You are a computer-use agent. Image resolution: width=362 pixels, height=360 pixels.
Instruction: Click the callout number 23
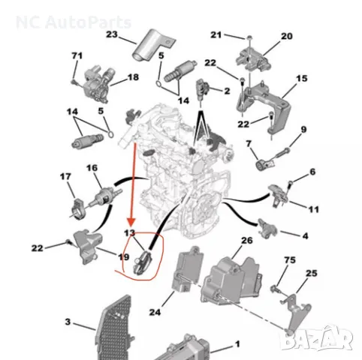[x=112, y=34]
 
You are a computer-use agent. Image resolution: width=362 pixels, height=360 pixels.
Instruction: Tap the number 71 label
[x=77, y=55]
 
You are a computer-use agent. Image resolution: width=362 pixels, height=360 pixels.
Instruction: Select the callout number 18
[x=133, y=77]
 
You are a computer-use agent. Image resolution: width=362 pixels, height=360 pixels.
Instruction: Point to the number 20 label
[x=287, y=36]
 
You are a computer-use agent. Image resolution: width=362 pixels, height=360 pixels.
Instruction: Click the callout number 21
[x=216, y=34]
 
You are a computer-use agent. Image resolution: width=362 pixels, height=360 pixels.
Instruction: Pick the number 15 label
[x=302, y=79]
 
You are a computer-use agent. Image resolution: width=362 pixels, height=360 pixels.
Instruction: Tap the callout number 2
[x=227, y=91]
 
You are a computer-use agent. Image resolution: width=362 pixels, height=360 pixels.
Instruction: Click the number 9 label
[x=303, y=130]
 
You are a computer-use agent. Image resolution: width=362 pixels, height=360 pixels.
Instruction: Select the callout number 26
[x=247, y=241]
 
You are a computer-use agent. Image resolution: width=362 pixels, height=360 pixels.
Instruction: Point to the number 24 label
[x=155, y=312]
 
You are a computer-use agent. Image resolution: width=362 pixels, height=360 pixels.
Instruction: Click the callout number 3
[x=68, y=322]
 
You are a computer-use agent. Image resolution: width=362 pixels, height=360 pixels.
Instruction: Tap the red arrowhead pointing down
[x=131, y=222]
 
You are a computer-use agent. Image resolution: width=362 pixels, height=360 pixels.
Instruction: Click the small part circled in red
[x=142, y=262]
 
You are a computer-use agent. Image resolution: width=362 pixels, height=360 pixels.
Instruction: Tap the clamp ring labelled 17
[x=77, y=208]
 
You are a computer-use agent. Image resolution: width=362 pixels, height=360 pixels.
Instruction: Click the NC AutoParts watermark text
[x=74, y=22]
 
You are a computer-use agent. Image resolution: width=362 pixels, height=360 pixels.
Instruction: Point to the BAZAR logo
[x=316, y=339]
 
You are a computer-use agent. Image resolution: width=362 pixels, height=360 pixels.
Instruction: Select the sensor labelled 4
[x=267, y=229]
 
